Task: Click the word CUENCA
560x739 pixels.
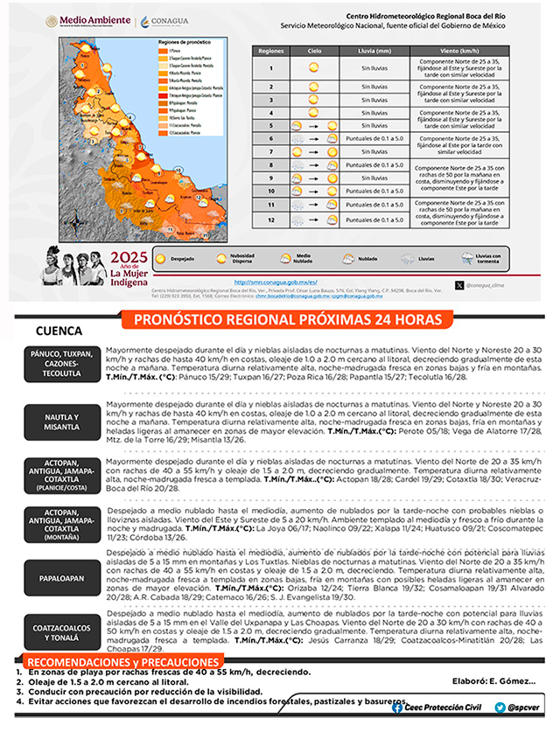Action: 59,332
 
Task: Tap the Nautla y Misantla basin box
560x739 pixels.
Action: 62,422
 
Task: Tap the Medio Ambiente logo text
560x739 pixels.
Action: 87,18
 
